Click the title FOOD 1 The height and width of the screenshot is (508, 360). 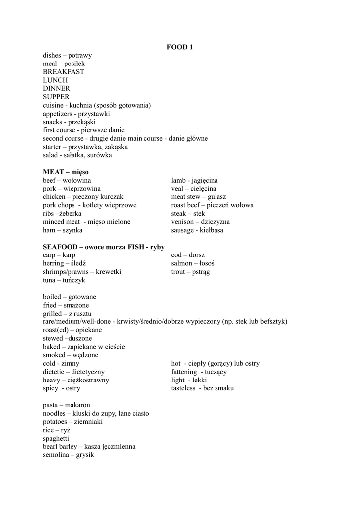[x=179, y=47]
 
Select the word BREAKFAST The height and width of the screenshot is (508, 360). [x=64, y=72]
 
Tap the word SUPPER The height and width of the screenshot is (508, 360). [x=56, y=97]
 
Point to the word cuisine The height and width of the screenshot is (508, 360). [x=53, y=105]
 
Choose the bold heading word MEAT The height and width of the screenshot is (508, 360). [x=53, y=172]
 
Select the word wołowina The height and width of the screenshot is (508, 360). [x=77, y=180]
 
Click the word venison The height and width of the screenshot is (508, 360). [x=185, y=222]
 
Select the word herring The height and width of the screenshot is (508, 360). [x=53, y=263]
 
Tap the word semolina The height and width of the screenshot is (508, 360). [x=56, y=455]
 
